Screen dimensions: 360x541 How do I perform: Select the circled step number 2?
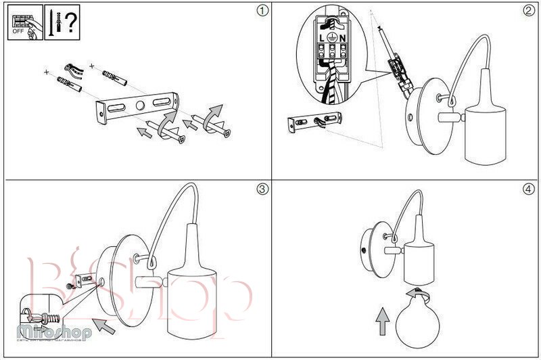click(x=528, y=12)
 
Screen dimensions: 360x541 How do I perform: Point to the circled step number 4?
click(x=528, y=189)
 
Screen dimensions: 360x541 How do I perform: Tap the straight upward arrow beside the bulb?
click(x=383, y=321)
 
